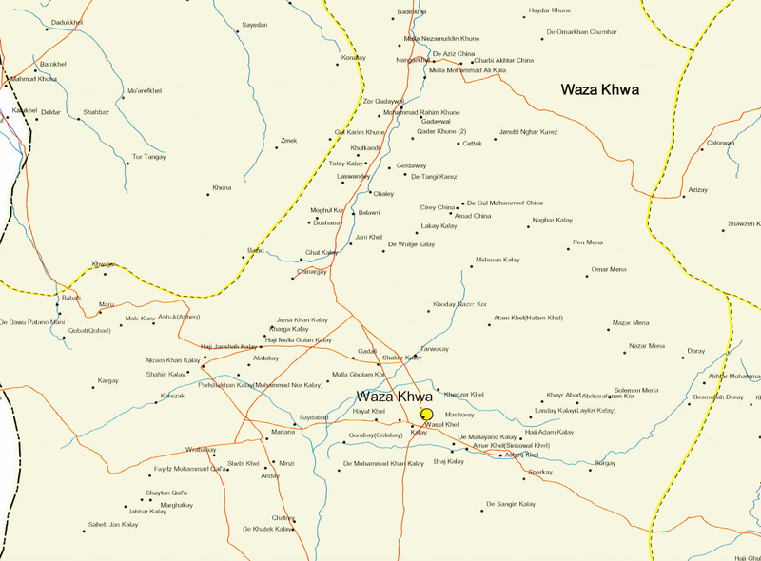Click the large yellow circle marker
click(x=427, y=415)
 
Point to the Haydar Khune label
click(x=548, y=10)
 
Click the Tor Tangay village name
click(x=149, y=156)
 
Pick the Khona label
click(x=222, y=187)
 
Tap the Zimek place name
click(x=288, y=141)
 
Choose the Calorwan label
click(x=720, y=143)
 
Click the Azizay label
click(x=699, y=190)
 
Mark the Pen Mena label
click(x=587, y=242)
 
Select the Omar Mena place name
click(x=609, y=269)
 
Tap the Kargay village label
click(x=108, y=380)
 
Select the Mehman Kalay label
click(x=498, y=260)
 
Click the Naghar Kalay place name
click(x=553, y=220)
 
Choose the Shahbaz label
click(x=96, y=112)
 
